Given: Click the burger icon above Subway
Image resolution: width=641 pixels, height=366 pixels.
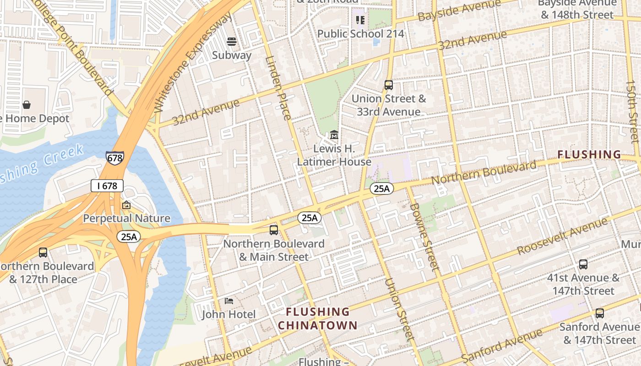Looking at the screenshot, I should coord(232,42).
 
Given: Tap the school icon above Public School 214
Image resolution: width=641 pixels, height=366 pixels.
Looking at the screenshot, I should coord(360,20).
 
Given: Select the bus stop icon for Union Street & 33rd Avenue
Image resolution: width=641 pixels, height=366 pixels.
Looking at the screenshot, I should coord(388,85).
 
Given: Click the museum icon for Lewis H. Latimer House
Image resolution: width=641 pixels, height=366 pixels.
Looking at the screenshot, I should coord(334,135).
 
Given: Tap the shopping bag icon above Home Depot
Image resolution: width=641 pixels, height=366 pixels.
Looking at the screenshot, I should coord(27,105).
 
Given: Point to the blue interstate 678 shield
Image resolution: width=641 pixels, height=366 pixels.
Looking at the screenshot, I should coord(114,158).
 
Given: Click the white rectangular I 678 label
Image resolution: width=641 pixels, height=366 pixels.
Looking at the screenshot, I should coord(107,186).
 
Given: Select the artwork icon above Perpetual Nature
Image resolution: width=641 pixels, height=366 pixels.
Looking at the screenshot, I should coord(126,205).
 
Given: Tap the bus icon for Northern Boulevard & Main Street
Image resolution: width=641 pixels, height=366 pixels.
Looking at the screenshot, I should coord(273,230).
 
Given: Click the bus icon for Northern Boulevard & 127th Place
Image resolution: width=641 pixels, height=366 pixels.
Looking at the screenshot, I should coord(43,253).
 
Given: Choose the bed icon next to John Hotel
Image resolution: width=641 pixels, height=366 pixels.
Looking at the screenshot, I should coord(229,301).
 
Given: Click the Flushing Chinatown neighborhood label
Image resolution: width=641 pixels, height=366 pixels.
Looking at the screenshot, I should coord(318,318).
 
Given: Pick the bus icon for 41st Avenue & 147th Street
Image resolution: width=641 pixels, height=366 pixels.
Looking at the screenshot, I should coord(583,264).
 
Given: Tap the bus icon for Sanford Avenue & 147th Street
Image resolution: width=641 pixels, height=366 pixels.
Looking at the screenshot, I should coord(599,313).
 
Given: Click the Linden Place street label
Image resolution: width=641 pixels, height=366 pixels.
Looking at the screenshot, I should coord(278,88).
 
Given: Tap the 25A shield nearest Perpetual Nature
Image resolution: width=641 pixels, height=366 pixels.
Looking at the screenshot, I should coord(129,237).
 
